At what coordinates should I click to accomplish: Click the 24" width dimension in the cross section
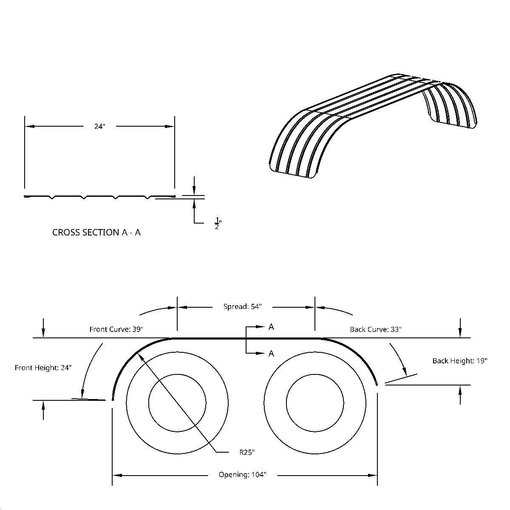coord(99,126)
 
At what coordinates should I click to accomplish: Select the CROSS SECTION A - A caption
coord(96,232)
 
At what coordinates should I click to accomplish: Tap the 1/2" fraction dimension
coord(218,223)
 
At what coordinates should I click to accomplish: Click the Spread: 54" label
coord(242,306)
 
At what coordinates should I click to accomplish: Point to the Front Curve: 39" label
coord(116,329)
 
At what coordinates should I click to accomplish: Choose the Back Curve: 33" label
coord(376,329)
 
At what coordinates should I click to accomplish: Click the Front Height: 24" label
coord(43,368)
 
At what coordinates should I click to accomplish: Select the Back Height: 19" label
coord(460,361)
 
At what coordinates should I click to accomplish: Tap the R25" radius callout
coord(247,453)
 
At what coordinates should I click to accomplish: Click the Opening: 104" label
coord(242,475)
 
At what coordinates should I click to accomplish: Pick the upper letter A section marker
coord(271,327)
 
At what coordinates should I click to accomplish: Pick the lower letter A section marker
coord(271,354)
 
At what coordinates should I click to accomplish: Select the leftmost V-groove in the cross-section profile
coord(51,197)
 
